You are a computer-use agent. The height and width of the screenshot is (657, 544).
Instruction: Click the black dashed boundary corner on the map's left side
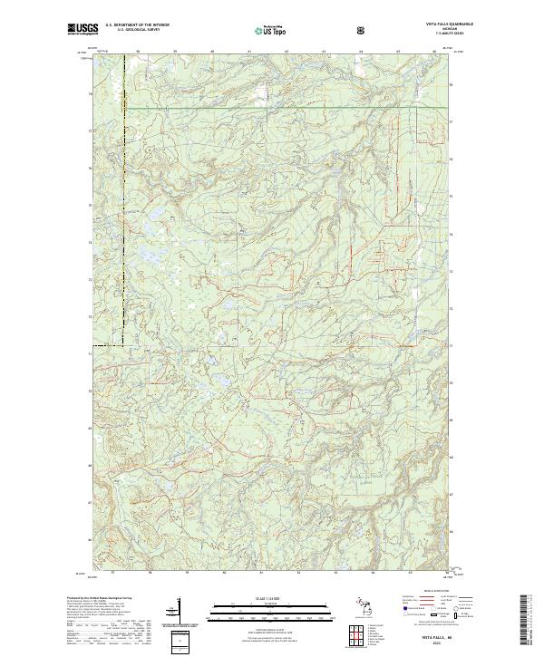[122, 345]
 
